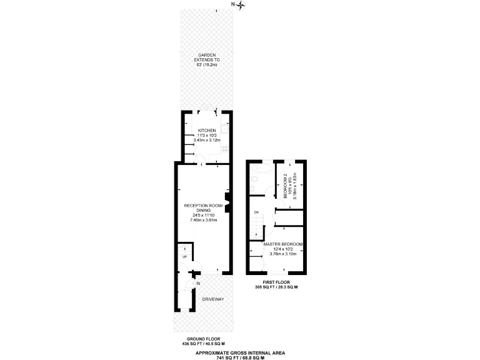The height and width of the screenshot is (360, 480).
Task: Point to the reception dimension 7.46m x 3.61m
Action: click(203, 220)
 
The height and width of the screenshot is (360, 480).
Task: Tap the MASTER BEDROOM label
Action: click(283, 244)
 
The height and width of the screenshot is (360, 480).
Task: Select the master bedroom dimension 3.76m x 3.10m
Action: click(283, 254)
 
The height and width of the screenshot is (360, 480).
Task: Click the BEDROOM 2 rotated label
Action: click(285, 186)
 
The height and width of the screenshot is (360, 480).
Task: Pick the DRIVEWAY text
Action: click(212, 299)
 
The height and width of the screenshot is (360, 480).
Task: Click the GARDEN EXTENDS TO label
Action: click(207, 58)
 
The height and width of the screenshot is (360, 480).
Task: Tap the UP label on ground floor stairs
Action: click(184, 257)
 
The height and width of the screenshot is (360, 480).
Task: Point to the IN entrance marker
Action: click(198, 284)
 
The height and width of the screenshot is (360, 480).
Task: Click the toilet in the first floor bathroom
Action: click(254, 185)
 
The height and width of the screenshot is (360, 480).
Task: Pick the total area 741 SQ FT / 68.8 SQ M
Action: click(239, 357)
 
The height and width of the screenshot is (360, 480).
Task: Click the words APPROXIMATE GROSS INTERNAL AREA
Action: click(239, 352)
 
